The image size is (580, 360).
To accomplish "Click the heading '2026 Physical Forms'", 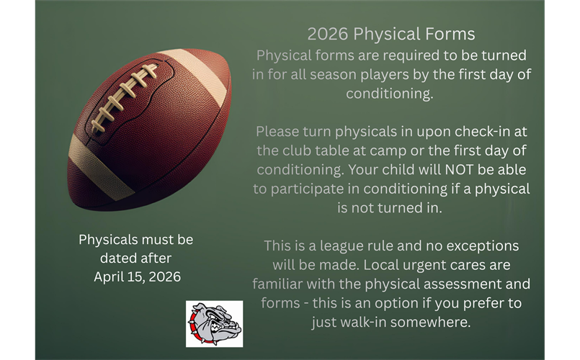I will (391, 34).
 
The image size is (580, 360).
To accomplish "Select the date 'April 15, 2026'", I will (136, 276).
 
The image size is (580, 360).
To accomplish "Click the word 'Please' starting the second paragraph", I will (276, 132).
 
